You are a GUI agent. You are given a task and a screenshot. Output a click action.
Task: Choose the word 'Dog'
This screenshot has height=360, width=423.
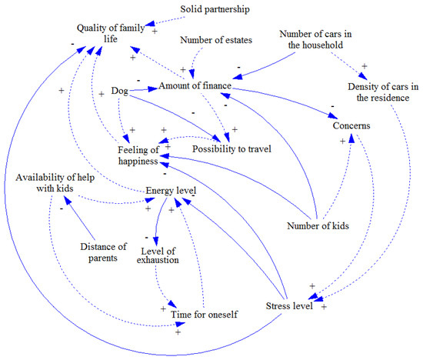[x=120, y=90]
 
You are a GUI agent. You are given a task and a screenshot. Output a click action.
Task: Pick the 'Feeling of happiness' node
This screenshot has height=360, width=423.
[x=138, y=155]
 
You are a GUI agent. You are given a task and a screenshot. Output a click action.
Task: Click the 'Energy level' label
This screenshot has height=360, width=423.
[x=171, y=190]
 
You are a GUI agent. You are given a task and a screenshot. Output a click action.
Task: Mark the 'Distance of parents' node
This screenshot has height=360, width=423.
[x=103, y=252]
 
